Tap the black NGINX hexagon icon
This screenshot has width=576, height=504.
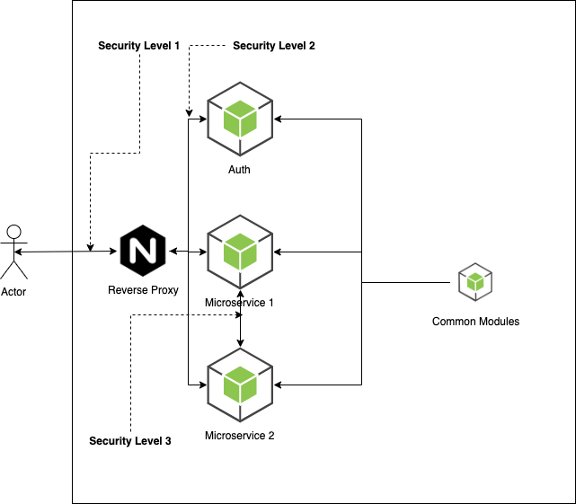[143, 251]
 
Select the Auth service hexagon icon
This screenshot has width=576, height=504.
[240, 118]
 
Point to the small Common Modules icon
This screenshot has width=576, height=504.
[475, 283]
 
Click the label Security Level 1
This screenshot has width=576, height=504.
[139, 45]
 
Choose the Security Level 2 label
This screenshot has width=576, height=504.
[274, 45]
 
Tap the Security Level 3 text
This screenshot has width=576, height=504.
[130, 441]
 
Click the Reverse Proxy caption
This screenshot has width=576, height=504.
[143, 290]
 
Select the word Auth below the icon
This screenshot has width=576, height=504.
[239, 169]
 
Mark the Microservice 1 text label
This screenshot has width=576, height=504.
[239, 303]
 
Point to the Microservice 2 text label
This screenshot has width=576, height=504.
[239, 436]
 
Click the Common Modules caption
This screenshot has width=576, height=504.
[475, 322]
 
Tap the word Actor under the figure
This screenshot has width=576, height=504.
[13, 292]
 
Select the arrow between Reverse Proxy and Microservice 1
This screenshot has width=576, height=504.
[187, 251]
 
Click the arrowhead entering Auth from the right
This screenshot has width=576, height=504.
[279, 119]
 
